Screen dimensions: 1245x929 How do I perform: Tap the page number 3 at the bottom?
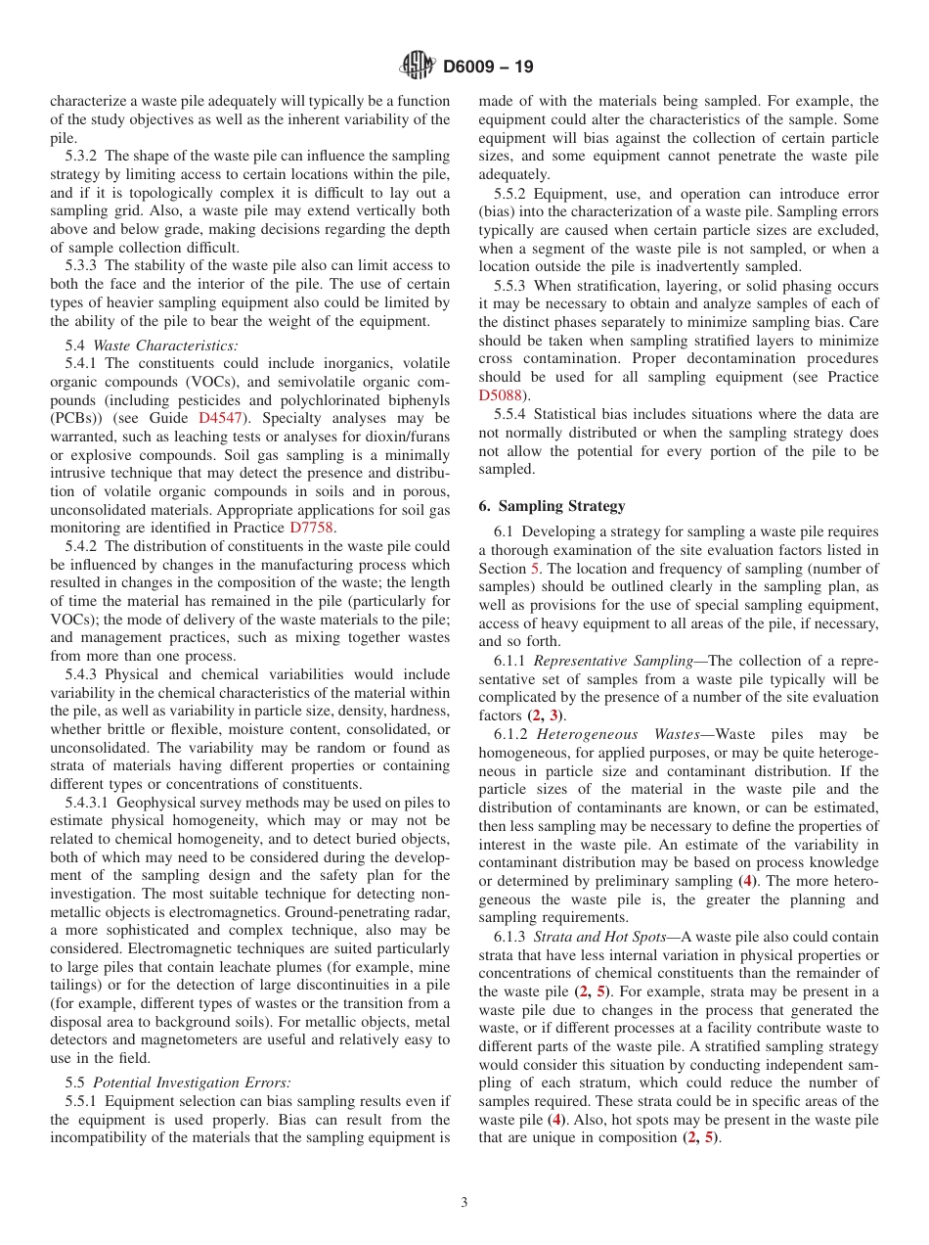(x=464, y=1203)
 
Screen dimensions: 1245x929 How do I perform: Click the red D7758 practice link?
(x=312, y=528)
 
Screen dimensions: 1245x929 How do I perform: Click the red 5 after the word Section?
(x=535, y=569)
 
